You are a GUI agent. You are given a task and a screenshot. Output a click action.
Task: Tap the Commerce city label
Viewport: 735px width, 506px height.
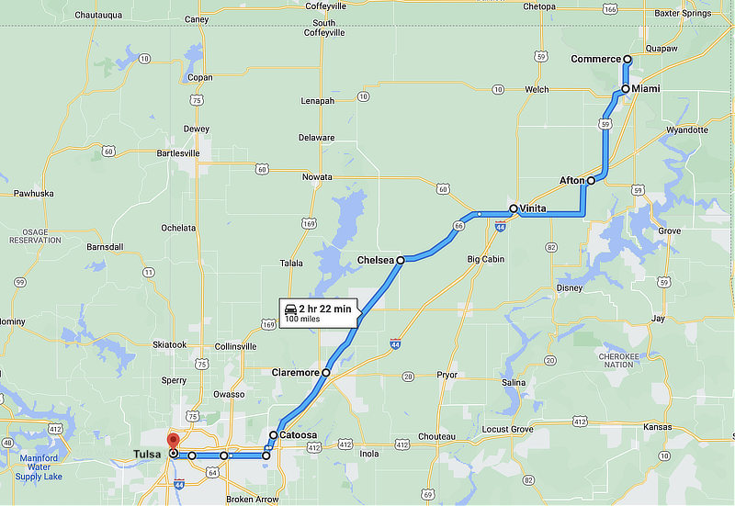click(595, 60)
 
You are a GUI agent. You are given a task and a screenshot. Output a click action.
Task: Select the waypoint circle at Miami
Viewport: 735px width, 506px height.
click(625, 89)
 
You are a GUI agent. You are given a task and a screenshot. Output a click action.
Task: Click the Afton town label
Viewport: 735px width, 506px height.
click(571, 181)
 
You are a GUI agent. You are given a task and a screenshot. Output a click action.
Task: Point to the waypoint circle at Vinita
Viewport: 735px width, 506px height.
click(513, 208)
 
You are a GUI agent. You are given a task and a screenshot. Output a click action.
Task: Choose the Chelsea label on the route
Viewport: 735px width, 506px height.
click(375, 261)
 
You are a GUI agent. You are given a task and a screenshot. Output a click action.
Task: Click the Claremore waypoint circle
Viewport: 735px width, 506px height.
click(326, 373)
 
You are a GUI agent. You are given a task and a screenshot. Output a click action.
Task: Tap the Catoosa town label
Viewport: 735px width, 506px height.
click(299, 435)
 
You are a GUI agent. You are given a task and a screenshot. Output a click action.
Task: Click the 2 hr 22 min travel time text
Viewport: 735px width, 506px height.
click(324, 309)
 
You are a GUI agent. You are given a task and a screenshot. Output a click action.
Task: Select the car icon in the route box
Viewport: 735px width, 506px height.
click(290, 309)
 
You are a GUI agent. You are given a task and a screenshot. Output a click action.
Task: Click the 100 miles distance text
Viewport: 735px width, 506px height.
click(303, 320)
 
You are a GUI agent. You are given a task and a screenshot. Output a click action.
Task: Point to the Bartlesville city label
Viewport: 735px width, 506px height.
click(178, 153)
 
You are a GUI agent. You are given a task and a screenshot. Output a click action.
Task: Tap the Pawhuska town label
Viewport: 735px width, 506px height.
click(34, 193)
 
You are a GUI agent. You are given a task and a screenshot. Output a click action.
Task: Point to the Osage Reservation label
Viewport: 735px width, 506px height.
click(35, 235)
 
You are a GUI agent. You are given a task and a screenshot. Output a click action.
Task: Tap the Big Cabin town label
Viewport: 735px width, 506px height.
click(486, 260)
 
